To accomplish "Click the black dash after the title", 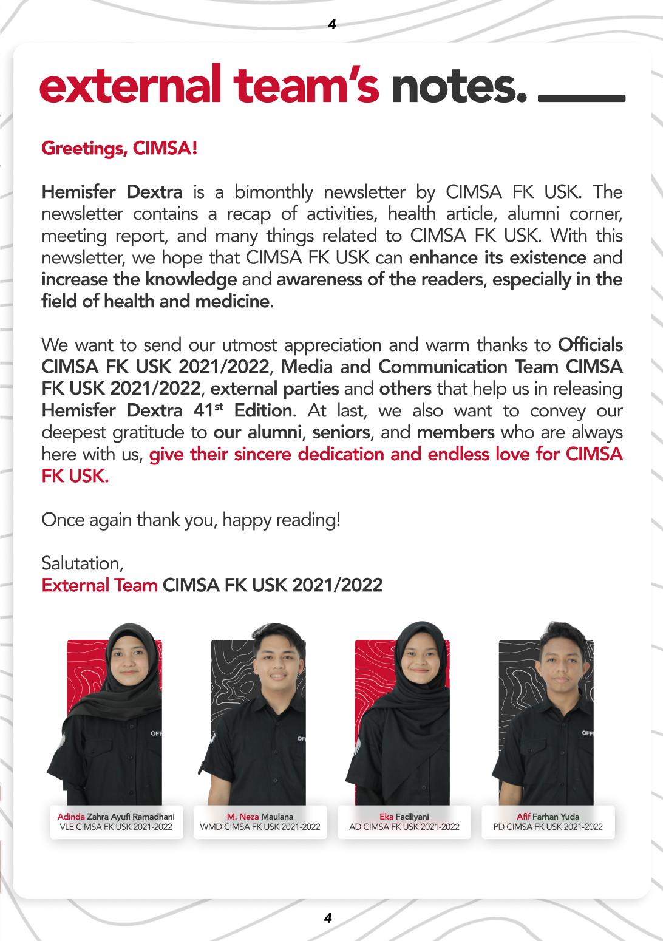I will point(581,98).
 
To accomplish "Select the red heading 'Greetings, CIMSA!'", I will point(119,148).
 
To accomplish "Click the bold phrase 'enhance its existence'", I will point(498,257).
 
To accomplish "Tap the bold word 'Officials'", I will point(590,345).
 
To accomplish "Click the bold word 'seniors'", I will point(341,432).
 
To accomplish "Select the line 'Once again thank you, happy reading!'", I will point(191,520).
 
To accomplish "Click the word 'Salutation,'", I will point(83,563).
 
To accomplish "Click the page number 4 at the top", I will point(331,24).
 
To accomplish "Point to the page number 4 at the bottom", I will point(328,918).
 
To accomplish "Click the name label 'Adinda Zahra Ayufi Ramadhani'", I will point(116,817).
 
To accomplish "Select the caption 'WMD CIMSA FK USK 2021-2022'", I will point(260,827).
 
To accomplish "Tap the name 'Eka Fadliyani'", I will point(404,817).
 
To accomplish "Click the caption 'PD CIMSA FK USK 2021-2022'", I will point(548,827).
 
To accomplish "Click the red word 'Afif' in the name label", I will point(523,817).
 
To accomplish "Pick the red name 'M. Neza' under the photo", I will point(243,817).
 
